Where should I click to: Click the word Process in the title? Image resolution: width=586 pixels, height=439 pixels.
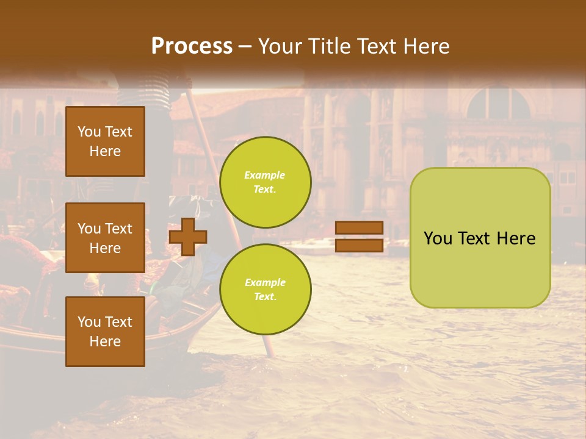coord(192,46)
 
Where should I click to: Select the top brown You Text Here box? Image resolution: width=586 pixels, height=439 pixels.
coord(105,141)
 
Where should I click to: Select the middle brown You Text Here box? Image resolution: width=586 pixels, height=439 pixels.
coord(105,238)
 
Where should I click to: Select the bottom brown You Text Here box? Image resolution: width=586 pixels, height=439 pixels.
coord(105,332)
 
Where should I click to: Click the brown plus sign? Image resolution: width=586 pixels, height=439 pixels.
coord(188,237)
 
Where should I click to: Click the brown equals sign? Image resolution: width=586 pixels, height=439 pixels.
coord(360,237)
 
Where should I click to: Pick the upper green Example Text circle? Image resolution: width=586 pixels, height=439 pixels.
coord(265,182)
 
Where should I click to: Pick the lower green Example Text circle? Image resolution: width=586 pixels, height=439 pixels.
coord(265,290)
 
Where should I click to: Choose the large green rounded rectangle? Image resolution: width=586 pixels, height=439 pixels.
coord(480,238)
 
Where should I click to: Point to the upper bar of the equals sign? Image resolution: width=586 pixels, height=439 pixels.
coord(360,228)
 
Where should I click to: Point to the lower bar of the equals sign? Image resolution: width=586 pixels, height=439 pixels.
coord(360,245)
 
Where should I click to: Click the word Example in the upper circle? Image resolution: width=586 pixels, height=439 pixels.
coord(265,175)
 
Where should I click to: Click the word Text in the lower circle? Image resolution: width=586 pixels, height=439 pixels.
coord(265,297)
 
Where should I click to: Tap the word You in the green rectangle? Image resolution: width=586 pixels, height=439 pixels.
coord(438,238)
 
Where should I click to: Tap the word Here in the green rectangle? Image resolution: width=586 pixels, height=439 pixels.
coord(516,238)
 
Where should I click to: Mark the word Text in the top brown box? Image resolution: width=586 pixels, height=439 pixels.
coord(118,132)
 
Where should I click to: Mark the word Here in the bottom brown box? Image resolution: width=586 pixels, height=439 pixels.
coord(105,341)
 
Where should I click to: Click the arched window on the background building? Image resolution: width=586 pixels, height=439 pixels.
coord(499,102)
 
